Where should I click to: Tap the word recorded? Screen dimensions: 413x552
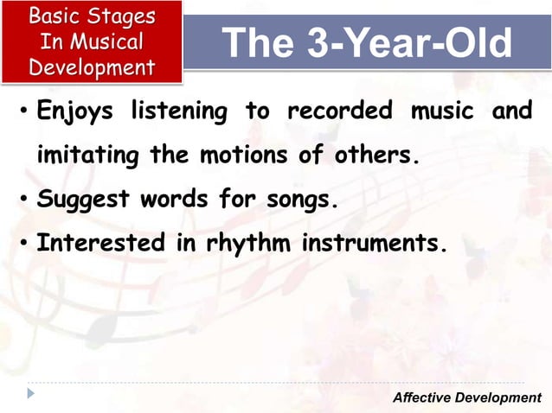coord(339,112)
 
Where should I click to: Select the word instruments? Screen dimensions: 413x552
coord(375,244)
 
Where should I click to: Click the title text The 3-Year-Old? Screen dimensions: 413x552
coord(366,43)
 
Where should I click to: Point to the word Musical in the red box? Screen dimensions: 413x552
coord(107,41)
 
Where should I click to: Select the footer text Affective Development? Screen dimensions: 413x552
coord(466,397)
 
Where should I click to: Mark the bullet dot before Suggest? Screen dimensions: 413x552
coord(23,201)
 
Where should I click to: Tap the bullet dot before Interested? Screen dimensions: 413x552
coord(23,245)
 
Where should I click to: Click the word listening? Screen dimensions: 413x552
coord(179,112)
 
